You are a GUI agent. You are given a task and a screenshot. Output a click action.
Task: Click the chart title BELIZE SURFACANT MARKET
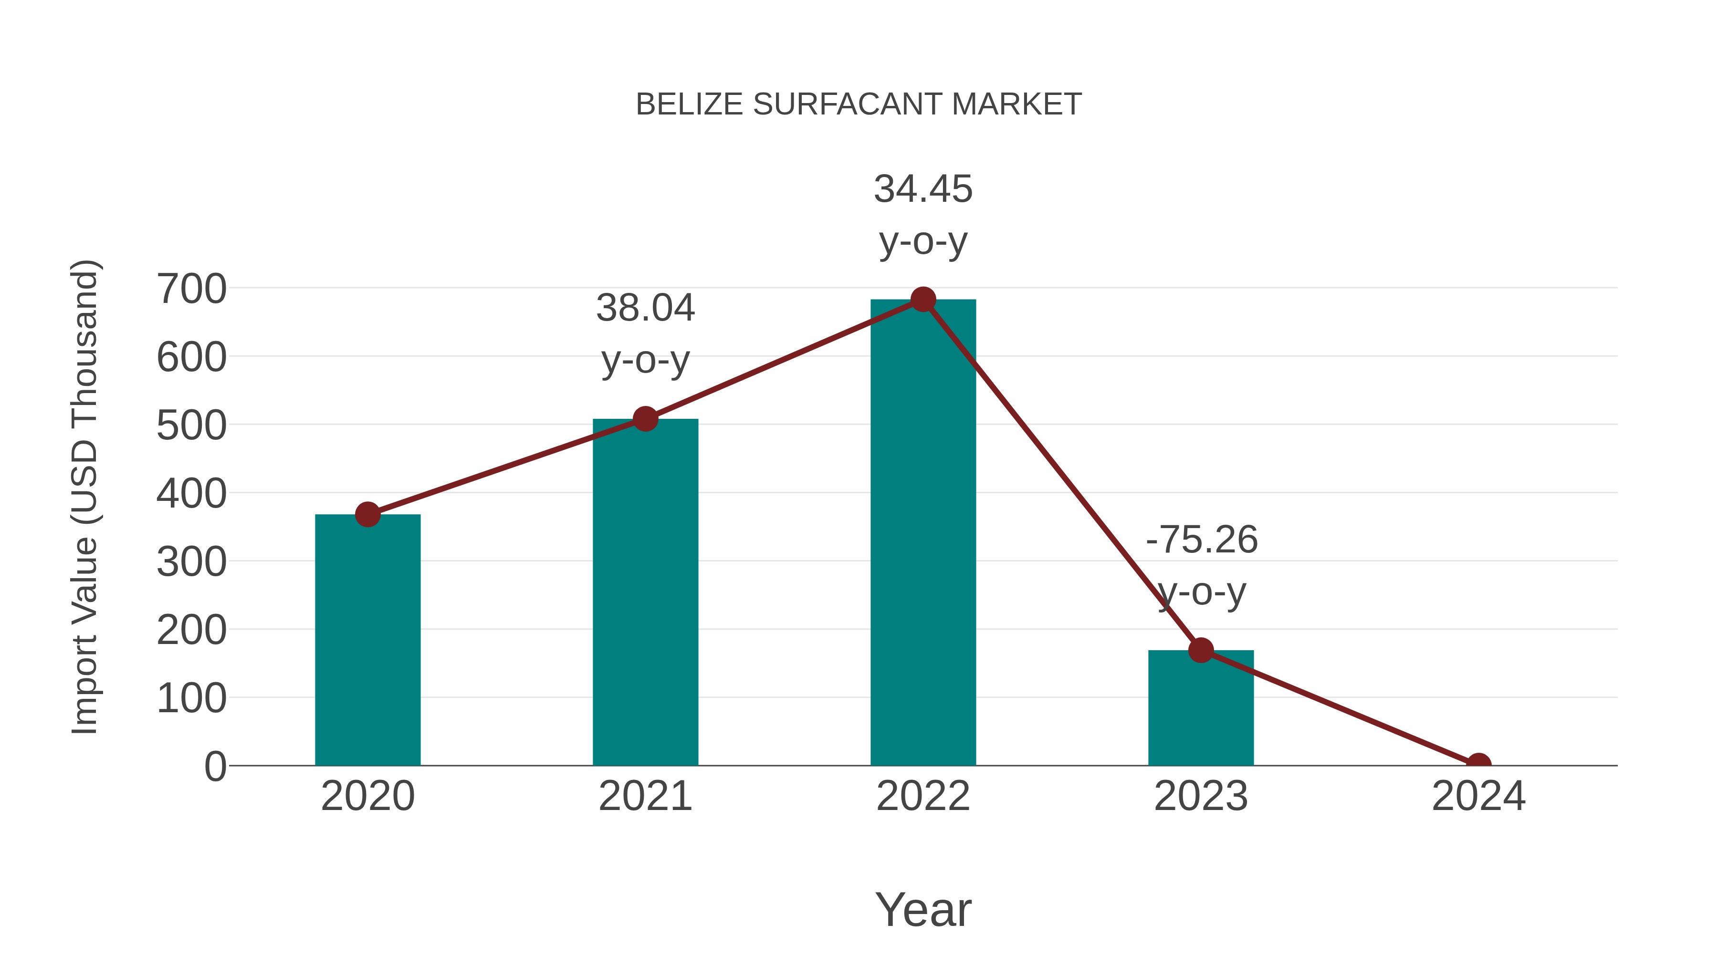click(859, 104)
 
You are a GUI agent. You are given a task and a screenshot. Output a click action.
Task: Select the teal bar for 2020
click(367, 640)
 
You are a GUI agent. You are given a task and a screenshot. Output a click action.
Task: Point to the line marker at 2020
click(367, 514)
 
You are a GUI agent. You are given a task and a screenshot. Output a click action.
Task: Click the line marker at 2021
click(645, 419)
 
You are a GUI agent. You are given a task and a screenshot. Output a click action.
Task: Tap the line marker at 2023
click(1201, 650)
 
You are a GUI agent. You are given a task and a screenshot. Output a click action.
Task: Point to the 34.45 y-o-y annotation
click(923, 215)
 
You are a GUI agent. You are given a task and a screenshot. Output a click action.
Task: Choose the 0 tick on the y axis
click(215, 766)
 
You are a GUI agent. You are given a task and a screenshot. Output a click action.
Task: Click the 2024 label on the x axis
click(1478, 796)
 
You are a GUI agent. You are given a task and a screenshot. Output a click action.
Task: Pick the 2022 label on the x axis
click(923, 796)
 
